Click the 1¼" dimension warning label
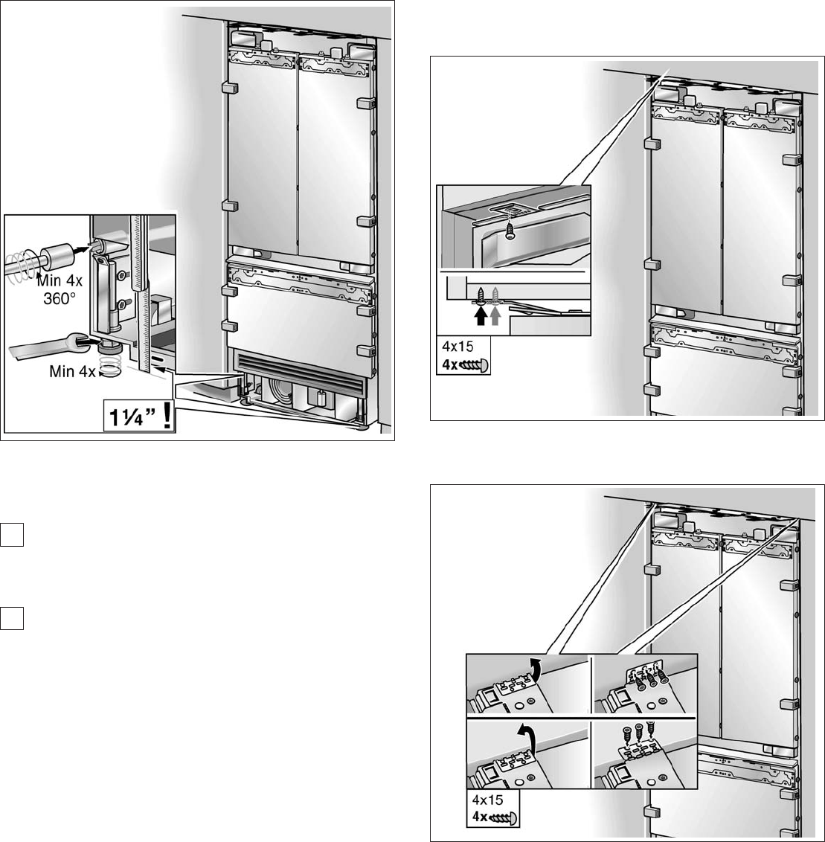[x=139, y=416]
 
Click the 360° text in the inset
[x=60, y=298]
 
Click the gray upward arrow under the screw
[x=495, y=315]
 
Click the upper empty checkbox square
[x=12, y=534]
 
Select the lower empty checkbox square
[x=12, y=617]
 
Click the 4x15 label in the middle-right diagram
[x=458, y=347]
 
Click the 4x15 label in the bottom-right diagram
[x=488, y=800]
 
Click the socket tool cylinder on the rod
[x=55, y=255]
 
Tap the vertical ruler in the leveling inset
[x=140, y=292]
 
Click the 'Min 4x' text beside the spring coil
[x=72, y=371]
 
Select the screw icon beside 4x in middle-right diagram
[x=473, y=366]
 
